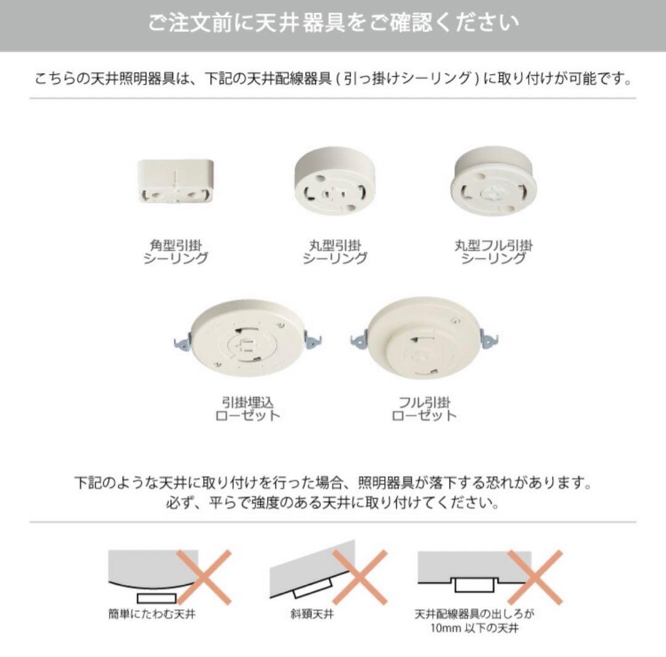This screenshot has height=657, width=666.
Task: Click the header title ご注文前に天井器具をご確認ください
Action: point(333,23)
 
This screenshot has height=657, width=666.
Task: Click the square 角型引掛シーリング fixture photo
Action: point(176,181)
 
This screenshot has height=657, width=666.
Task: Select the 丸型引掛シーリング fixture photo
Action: point(334,184)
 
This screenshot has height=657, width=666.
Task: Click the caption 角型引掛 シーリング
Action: point(176,252)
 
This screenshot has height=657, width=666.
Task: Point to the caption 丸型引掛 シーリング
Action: point(334,252)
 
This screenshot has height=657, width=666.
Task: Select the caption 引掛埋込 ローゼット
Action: point(247,408)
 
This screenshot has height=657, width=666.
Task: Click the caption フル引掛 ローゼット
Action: point(424,408)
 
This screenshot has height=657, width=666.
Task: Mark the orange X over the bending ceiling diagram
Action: point(203,577)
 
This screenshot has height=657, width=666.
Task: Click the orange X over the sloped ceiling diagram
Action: point(360,577)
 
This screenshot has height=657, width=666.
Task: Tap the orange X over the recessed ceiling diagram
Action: point(535,577)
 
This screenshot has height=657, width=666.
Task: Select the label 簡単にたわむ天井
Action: point(152,614)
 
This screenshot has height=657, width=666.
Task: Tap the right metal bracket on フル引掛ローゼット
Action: point(491,338)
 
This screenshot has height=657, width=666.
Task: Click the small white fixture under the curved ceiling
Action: point(156,598)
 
